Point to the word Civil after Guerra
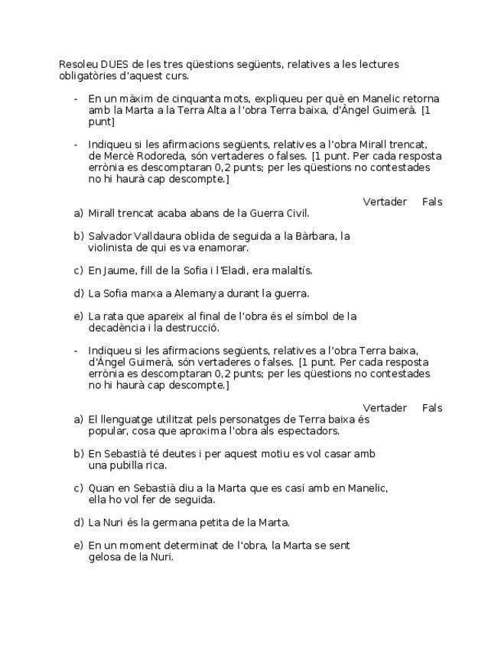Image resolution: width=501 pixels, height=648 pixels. tap(294, 213)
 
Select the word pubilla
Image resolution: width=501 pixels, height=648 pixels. tap(124, 465)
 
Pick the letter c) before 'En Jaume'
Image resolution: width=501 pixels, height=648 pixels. tap(78, 271)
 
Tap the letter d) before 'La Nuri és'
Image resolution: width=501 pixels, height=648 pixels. tap(78, 523)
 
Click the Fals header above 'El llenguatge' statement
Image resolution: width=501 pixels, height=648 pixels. tap(432, 408)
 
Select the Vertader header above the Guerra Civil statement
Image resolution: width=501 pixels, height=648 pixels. tap(384, 202)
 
